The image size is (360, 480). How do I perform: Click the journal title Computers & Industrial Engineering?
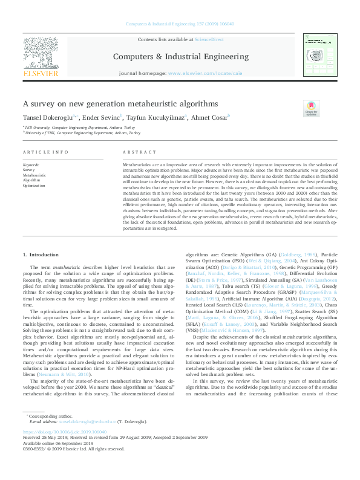click(180, 56)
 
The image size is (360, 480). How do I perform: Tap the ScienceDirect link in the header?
click(208, 39)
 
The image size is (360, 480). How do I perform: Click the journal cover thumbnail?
click(318, 56)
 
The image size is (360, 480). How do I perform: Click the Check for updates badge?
click(311, 109)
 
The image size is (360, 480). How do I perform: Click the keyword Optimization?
click(34, 186)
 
